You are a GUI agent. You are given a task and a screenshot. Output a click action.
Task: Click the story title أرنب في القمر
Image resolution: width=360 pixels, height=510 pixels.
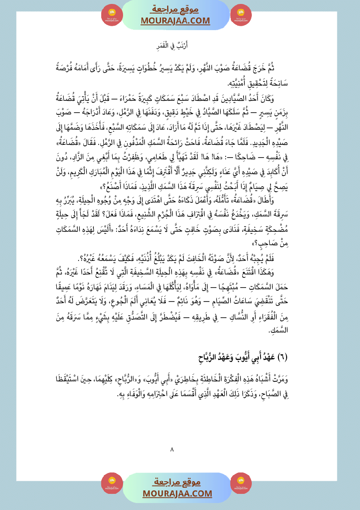pyautogui.click(x=180, y=45)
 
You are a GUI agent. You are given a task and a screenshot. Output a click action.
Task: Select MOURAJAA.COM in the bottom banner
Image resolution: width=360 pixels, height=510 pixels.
pyautogui.click(x=177, y=493)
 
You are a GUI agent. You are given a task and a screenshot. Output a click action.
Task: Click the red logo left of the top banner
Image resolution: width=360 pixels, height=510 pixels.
pyautogui.click(x=112, y=15)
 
